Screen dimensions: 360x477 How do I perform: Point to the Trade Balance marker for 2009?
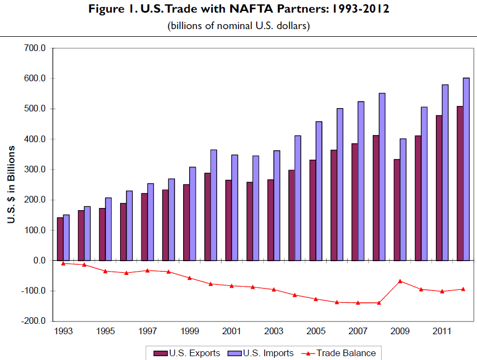(x=400, y=281)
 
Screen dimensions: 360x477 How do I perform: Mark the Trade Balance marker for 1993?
(x=63, y=263)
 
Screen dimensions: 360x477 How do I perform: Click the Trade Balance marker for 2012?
(x=463, y=289)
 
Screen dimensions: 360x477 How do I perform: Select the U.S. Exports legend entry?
(x=188, y=353)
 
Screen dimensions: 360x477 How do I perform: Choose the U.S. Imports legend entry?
(x=262, y=353)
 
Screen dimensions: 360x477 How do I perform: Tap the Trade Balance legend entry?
(x=339, y=353)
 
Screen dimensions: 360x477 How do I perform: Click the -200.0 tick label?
(x=33, y=321)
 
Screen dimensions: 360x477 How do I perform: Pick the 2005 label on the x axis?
(x=315, y=331)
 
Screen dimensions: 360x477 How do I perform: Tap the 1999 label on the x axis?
(x=189, y=331)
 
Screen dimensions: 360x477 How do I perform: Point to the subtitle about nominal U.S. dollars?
(x=238, y=26)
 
